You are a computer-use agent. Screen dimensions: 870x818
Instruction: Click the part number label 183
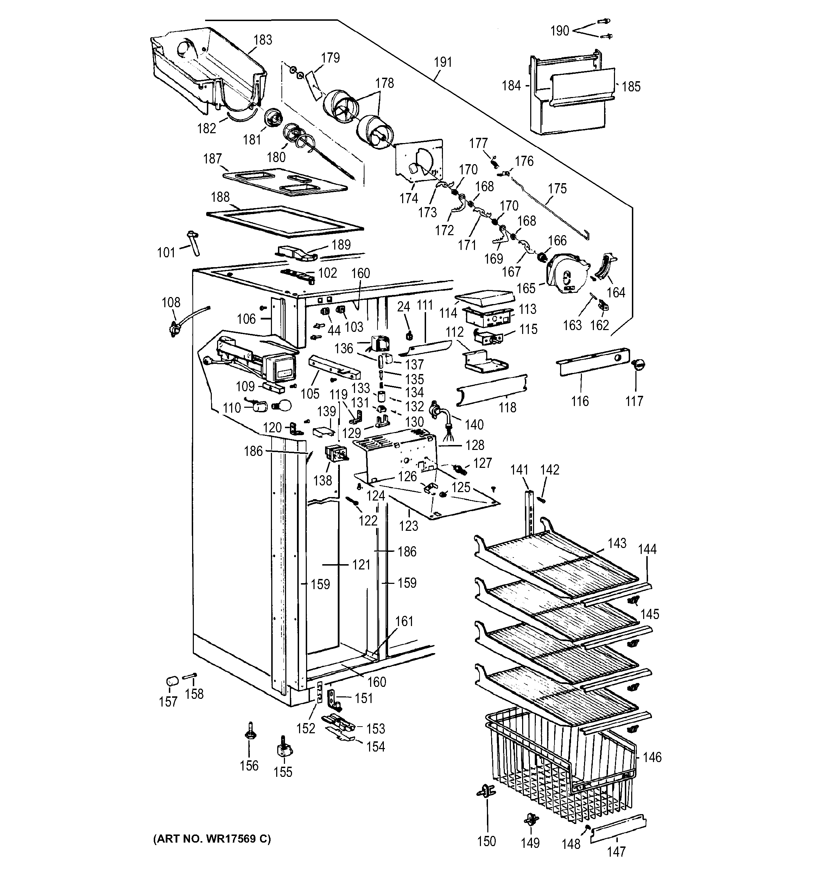pos(263,40)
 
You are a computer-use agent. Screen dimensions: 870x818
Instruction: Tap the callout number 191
pos(443,62)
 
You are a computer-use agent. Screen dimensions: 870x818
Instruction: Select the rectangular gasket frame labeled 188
pos(285,219)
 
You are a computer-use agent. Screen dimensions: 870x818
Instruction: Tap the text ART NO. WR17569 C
pos(212,838)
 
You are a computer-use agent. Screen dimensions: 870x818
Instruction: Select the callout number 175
pos(557,189)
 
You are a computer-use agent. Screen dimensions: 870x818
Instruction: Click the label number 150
pos(486,841)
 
